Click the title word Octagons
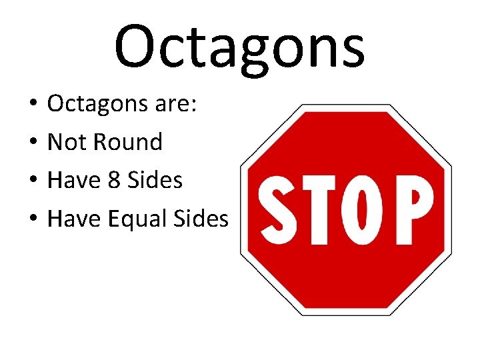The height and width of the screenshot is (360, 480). (x=239, y=47)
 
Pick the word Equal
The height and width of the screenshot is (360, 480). (x=139, y=218)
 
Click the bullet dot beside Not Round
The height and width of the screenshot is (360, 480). (x=32, y=143)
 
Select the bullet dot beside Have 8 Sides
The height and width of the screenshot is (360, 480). (x=32, y=181)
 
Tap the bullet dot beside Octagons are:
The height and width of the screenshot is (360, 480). (x=32, y=105)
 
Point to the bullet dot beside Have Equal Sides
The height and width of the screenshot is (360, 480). (x=32, y=219)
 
